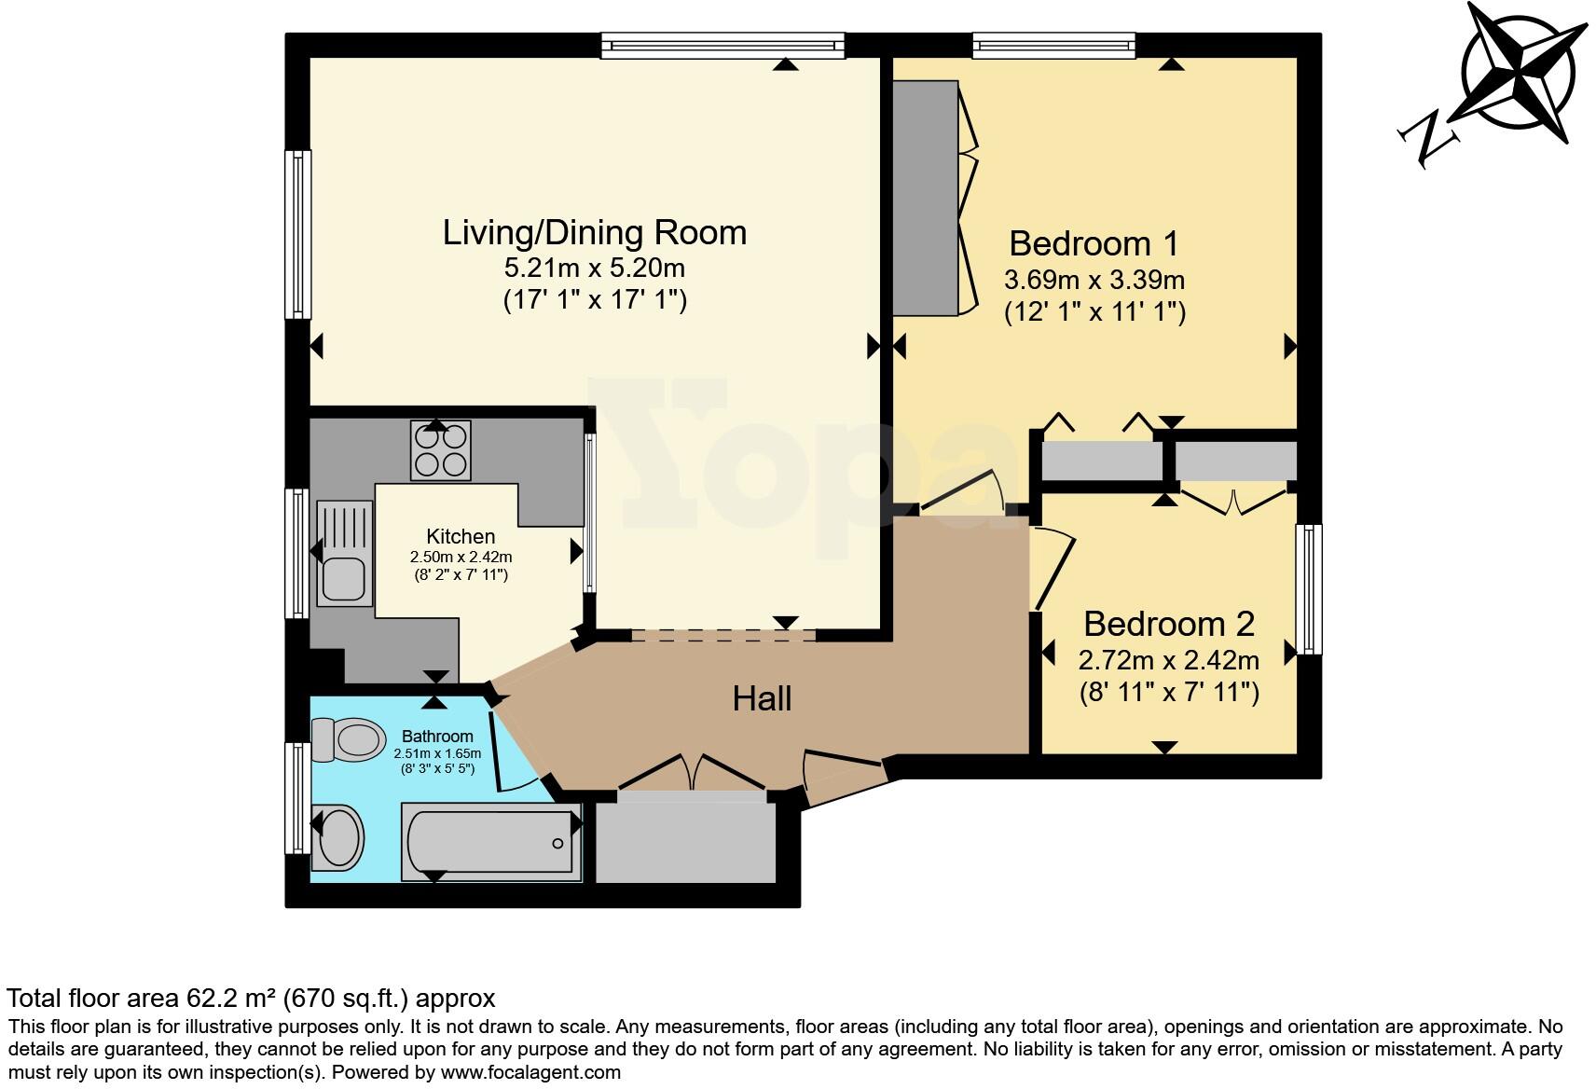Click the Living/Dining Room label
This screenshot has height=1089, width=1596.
click(595, 232)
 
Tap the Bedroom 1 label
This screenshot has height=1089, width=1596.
click(1094, 243)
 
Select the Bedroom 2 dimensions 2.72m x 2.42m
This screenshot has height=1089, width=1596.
click(1168, 661)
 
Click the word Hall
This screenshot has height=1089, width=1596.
click(762, 698)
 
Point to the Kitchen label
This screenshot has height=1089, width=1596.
click(461, 536)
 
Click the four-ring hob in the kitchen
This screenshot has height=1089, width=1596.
click(441, 450)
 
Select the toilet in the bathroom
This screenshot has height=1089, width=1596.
click(349, 739)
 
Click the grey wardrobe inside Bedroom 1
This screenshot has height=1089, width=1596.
click(925, 198)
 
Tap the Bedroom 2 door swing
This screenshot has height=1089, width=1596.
click(1052, 567)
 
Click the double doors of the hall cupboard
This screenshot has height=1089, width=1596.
click(692, 775)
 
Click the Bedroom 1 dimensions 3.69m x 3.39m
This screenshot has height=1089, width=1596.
click(1094, 279)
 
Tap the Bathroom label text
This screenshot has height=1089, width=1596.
click(437, 737)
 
